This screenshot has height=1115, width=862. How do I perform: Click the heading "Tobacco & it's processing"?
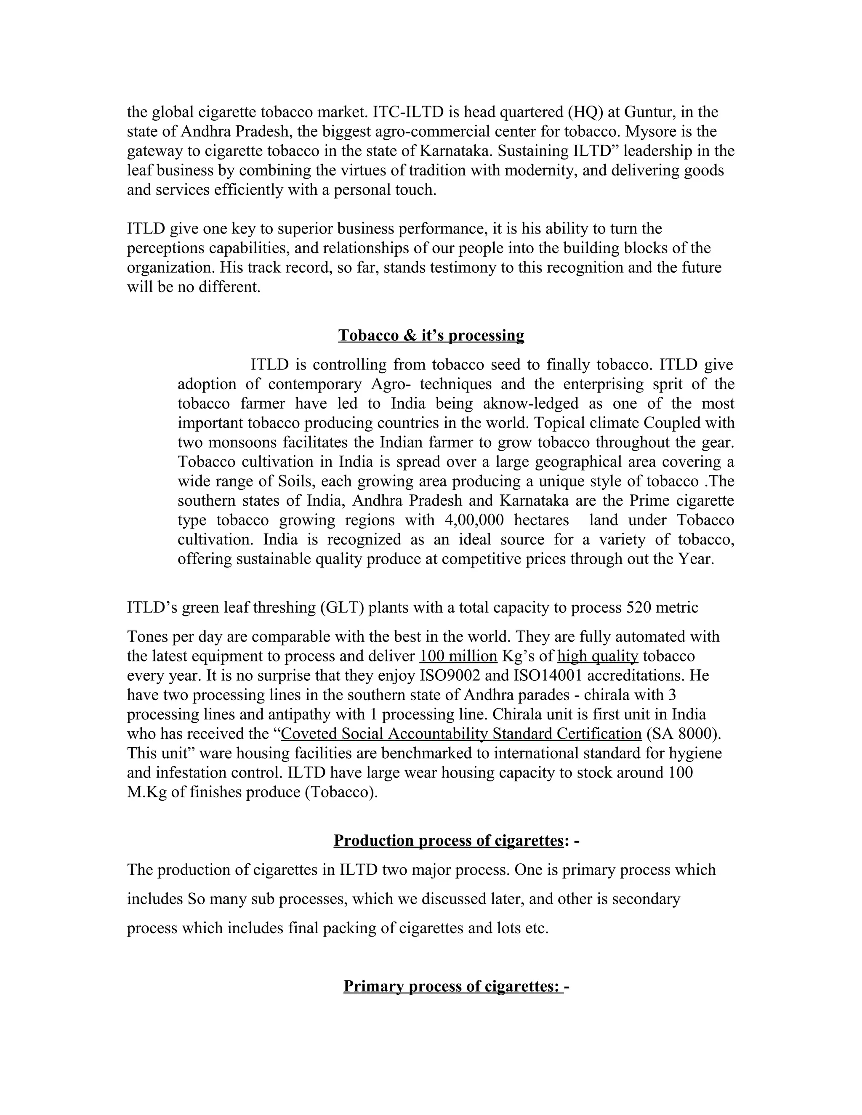point(431,335)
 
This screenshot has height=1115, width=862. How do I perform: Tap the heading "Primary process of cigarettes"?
point(452,986)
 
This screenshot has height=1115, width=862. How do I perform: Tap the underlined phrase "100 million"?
point(458,656)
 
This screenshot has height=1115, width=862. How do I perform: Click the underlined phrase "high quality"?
point(598,656)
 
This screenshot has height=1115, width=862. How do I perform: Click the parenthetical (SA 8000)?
point(684,734)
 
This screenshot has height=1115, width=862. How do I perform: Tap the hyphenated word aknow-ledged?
point(531,404)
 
